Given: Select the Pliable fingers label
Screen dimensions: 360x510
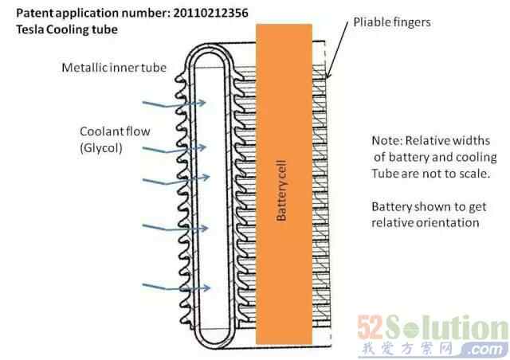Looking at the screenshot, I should pos(391,22).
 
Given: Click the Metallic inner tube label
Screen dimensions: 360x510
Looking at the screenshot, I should pos(114,68).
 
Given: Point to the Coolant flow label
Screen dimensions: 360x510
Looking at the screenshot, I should pos(112,131).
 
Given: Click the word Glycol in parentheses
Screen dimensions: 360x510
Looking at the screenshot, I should pos(100,147).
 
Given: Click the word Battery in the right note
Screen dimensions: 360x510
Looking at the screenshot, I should pos(392,205).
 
